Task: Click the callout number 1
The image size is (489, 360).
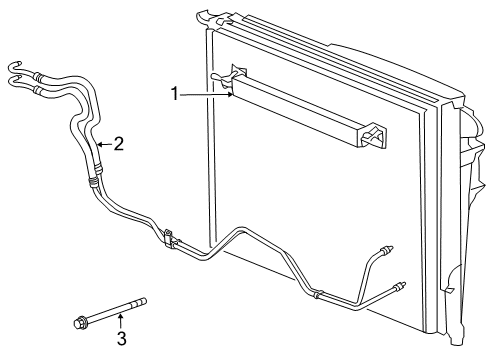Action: pos(174,94)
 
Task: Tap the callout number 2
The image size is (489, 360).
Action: pos(118,144)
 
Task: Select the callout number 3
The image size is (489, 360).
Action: pos(121,338)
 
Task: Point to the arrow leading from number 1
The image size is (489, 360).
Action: pos(205,95)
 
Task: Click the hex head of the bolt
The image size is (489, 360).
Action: pos(78,322)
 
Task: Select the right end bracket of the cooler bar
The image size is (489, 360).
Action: pos(374,136)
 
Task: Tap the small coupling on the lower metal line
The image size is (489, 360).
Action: pos(318,294)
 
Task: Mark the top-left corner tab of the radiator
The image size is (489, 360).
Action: pos(203,14)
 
